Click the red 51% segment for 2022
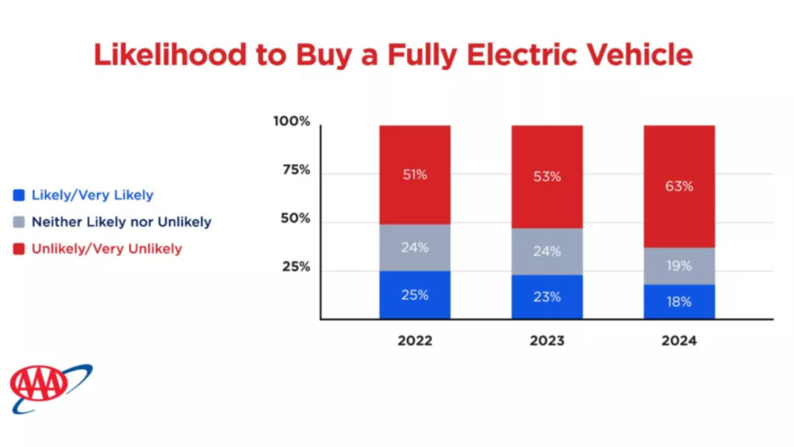pos(415,175)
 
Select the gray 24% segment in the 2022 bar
pos(415,248)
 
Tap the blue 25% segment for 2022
pos(415,295)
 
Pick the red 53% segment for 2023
pos(547,177)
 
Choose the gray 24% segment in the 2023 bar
pos(547,251)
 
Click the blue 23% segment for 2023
pos(547,296)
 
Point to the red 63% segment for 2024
pos(679,186)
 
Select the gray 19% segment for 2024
pos(679,266)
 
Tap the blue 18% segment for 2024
pos(679,302)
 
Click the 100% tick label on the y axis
pos(292,122)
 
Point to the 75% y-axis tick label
pos(295,170)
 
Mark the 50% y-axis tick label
pos(295,219)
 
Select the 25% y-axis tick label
pos(295,267)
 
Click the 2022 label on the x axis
pos(415,341)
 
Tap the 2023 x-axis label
pos(547,341)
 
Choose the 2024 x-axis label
pos(679,341)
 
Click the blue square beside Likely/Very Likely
pos(19,196)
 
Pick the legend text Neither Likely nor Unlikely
pos(121,222)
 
